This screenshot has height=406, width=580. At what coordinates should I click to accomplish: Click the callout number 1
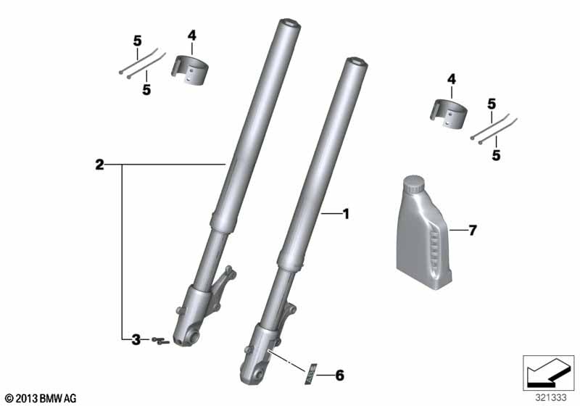pyautogui.click(x=346, y=214)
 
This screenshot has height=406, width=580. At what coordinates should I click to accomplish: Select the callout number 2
pyautogui.click(x=99, y=165)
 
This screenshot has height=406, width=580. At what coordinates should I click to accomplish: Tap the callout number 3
pyautogui.click(x=136, y=339)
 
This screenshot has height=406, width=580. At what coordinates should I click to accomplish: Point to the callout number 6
pyautogui.click(x=339, y=376)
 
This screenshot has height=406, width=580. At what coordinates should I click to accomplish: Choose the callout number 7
pyautogui.click(x=473, y=231)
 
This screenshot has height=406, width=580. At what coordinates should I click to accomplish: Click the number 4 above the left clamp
pyautogui.click(x=191, y=36)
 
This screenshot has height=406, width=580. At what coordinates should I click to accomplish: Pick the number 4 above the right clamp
pyautogui.click(x=451, y=80)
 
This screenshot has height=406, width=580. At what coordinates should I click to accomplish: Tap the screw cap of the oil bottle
pyautogui.click(x=413, y=183)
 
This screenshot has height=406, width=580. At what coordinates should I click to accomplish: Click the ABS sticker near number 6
pyautogui.click(x=310, y=373)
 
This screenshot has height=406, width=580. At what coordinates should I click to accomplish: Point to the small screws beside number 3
pyautogui.click(x=160, y=341)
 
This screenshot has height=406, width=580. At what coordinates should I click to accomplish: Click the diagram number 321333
pyautogui.click(x=551, y=398)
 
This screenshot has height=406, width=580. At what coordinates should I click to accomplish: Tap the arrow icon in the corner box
pyautogui.click(x=548, y=373)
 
